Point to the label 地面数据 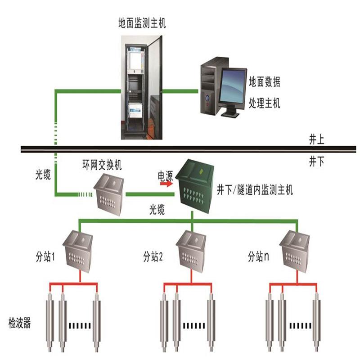click(x=265, y=82)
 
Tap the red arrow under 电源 click(x=166, y=184)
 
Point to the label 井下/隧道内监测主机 click(x=255, y=189)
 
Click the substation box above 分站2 click(x=193, y=252)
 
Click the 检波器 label click(x=20, y=323)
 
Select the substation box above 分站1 click(x=80, y=252)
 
